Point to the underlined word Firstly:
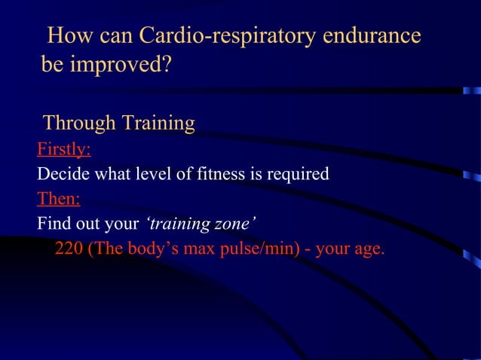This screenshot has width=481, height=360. click(64, 149)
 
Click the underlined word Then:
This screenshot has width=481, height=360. click(59, 199)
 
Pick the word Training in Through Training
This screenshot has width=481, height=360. click(158, 122)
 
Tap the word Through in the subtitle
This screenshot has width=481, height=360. click(79, 122)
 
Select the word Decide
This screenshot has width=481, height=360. click(60, 175)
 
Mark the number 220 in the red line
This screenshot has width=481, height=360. click(69, 249)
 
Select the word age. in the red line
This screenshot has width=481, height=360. click(367, 249)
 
